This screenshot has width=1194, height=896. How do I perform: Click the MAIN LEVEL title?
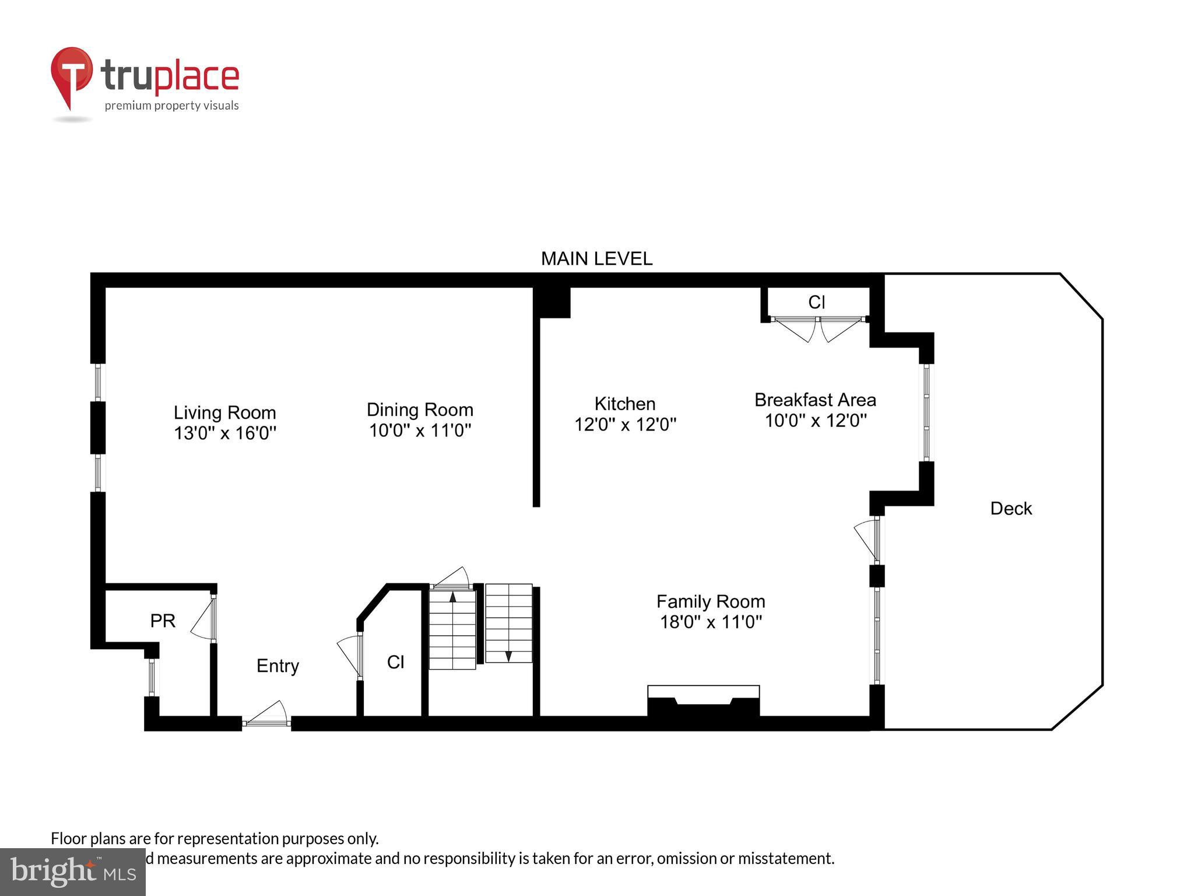pyautogui.click(x=596, y=258)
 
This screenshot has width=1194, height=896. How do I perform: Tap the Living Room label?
pyautogui.click(x=224, y=412)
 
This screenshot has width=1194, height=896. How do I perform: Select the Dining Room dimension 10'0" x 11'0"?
pyautogui.click(x=420, y=430)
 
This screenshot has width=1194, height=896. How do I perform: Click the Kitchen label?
pyautogui.click(x=624, y=404)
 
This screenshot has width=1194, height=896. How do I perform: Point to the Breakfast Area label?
pyautogui.click(x=815, y=400)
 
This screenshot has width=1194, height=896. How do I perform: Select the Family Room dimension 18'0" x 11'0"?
pyautogui.click(x=711, y=622)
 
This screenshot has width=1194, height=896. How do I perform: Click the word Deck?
pyautogui.click(x=1011, y=509)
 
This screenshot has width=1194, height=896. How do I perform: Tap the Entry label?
pyautogui.click(x=278, y=666)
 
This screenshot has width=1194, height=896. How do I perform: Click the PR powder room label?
pyautogui.click(x=163, y=621)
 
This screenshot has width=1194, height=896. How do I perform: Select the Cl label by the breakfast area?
pyautogui.click(x=816, y=302)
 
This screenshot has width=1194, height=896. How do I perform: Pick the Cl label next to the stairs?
pyautogui.click(x=395, y=662)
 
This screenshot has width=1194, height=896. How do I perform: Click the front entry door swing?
pyautogui.click(x=267, y=715)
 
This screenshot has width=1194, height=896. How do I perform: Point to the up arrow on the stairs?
pyautogui.click(x=452, y=597)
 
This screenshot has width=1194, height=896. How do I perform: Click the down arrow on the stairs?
pyautogui.click(x=508, y=655)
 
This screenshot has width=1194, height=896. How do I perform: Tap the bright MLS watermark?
pyautogui.click(x=73, y=872)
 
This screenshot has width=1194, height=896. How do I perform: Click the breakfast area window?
pyautogui.click(x=926, y=413)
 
